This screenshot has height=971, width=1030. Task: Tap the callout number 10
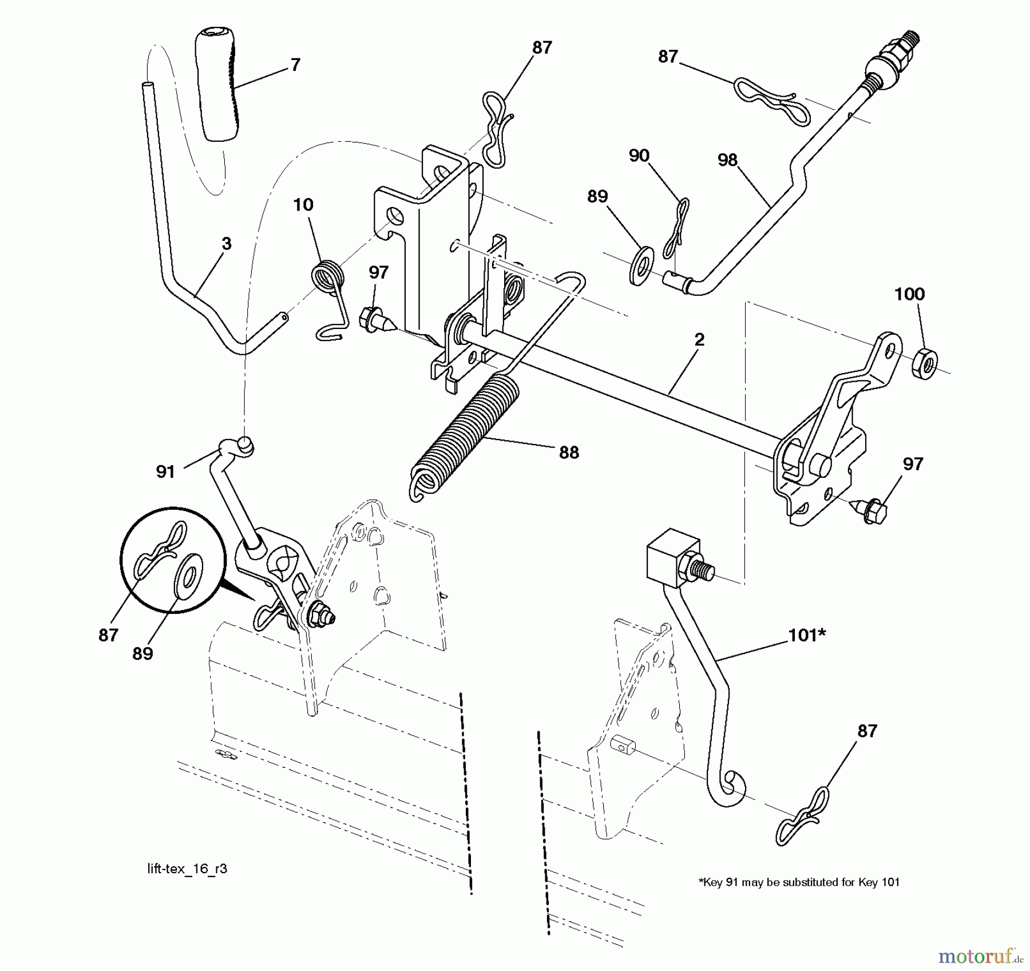point(303,204)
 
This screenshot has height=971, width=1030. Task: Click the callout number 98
point(727,160)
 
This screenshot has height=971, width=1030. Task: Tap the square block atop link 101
point(673,560)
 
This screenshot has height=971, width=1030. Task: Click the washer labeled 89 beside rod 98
point(641,265)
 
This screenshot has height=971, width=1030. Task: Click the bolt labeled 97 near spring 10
point(373,320)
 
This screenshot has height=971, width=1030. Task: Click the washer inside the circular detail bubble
point(187,574)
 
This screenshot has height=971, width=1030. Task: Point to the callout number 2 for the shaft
point(699,339)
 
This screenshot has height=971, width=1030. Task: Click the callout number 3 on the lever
point(227,243)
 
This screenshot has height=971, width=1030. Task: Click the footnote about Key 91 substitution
point(799,882)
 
